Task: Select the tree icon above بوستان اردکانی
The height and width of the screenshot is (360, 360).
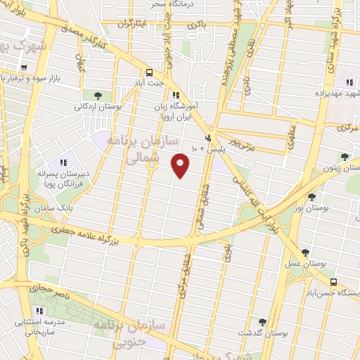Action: pyautogui.click(x=97, y=95)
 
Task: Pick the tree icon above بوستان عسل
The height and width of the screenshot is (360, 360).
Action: pyautogui.click(x=306, y=251)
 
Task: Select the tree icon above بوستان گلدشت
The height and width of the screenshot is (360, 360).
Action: pyautogui.click(x=262, y=321)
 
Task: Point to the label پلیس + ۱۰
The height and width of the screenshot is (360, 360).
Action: pyautogui.click(x=204, y=149)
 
